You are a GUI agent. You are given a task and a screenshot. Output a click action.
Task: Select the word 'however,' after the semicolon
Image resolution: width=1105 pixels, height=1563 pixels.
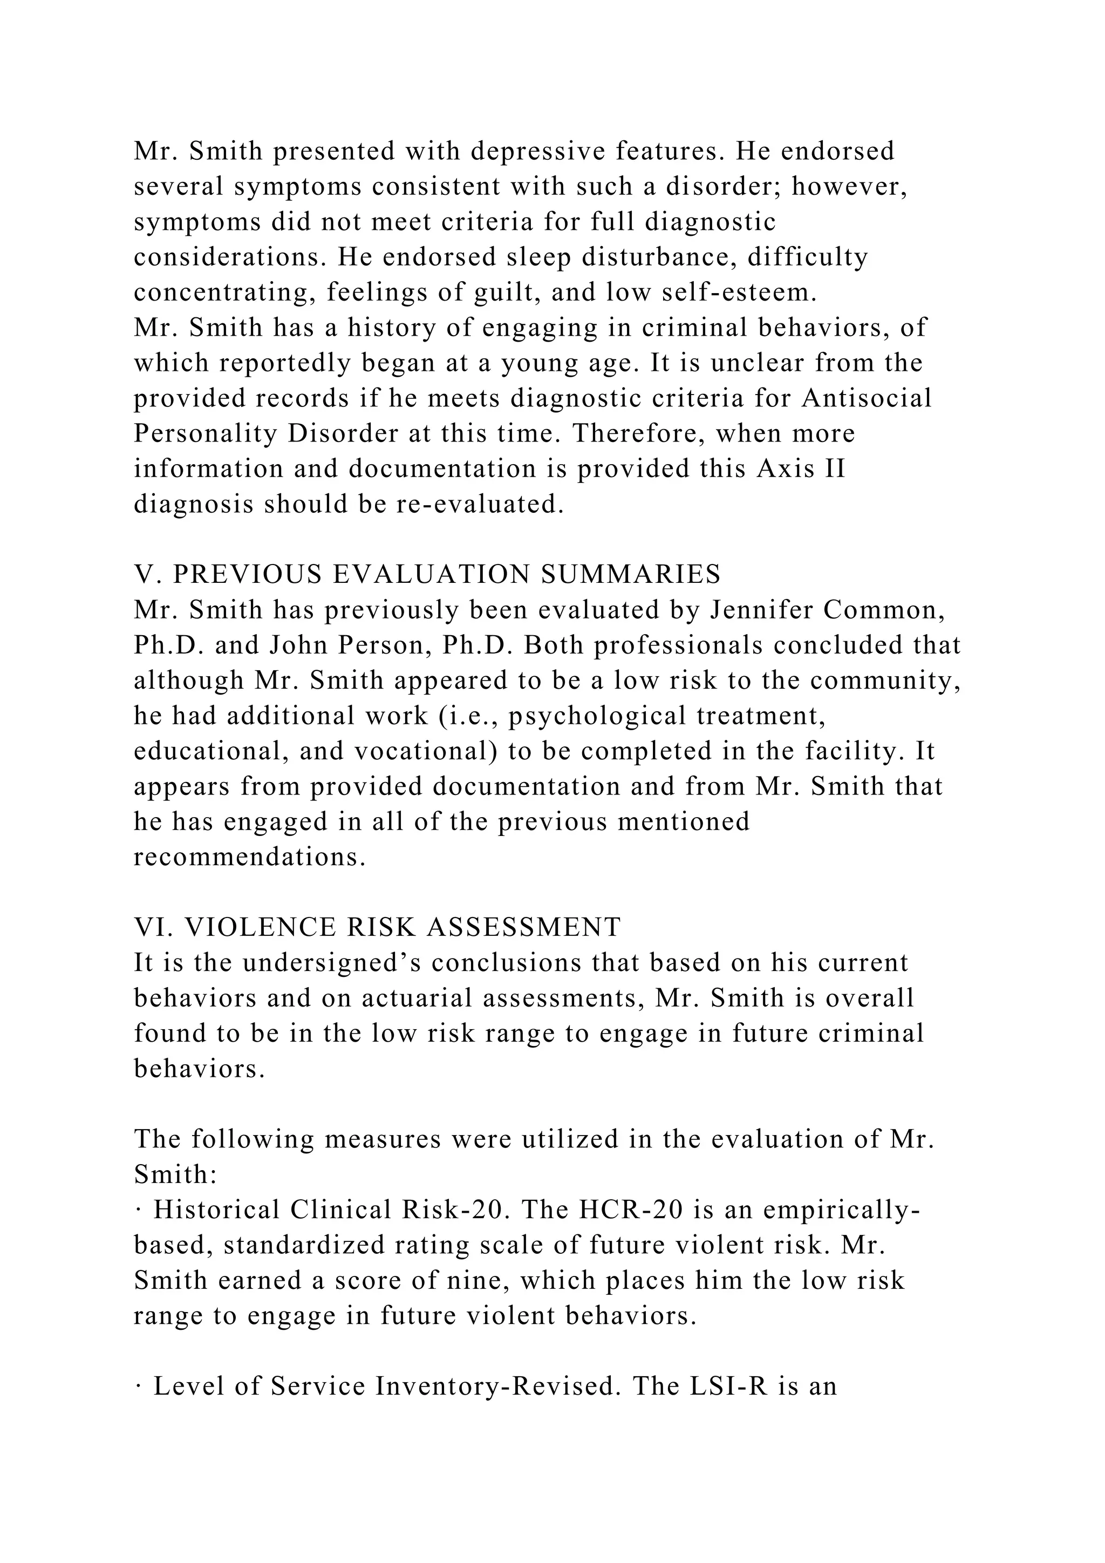(849, 187)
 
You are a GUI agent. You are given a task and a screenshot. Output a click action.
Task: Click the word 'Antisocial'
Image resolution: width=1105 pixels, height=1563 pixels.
(866, 398)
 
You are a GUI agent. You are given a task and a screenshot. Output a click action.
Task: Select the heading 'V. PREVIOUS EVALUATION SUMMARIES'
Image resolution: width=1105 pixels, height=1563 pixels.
(427, 575)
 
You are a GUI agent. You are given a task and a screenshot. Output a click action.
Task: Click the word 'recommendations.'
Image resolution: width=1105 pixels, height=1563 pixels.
(250, 857)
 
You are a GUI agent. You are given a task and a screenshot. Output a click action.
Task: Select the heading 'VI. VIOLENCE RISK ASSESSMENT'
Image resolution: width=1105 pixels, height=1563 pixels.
(378, 928)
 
